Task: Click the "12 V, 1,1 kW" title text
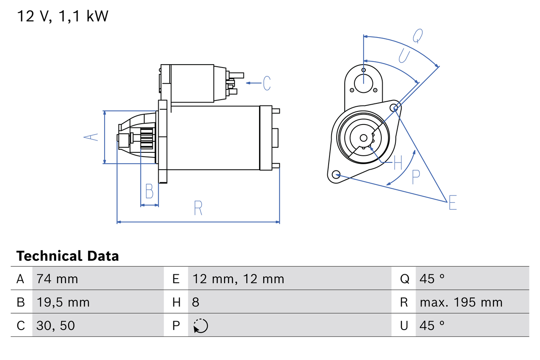tap(62, 16)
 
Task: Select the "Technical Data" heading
tap(67, 256)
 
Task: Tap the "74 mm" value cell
tap(57, 279)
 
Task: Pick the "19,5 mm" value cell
tap(63, 302)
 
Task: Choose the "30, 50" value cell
tap(56, 325)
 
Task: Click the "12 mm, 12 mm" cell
tap(238, 279)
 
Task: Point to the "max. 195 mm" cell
tap(461, 302)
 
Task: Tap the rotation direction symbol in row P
tap(201, 325)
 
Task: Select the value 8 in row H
tap(196, 302)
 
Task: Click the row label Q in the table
tap(404, 279)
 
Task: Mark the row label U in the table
tap(404, 325)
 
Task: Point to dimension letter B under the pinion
tap(149, 191)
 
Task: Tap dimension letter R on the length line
tap(198, 208)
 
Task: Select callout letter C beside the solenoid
tap(267, 83)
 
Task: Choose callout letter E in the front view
tap(453, 203)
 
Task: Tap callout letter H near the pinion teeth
tap(397, 162)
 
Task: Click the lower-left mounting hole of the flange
tap(336, 174)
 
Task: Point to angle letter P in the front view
tap(416, 177)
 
